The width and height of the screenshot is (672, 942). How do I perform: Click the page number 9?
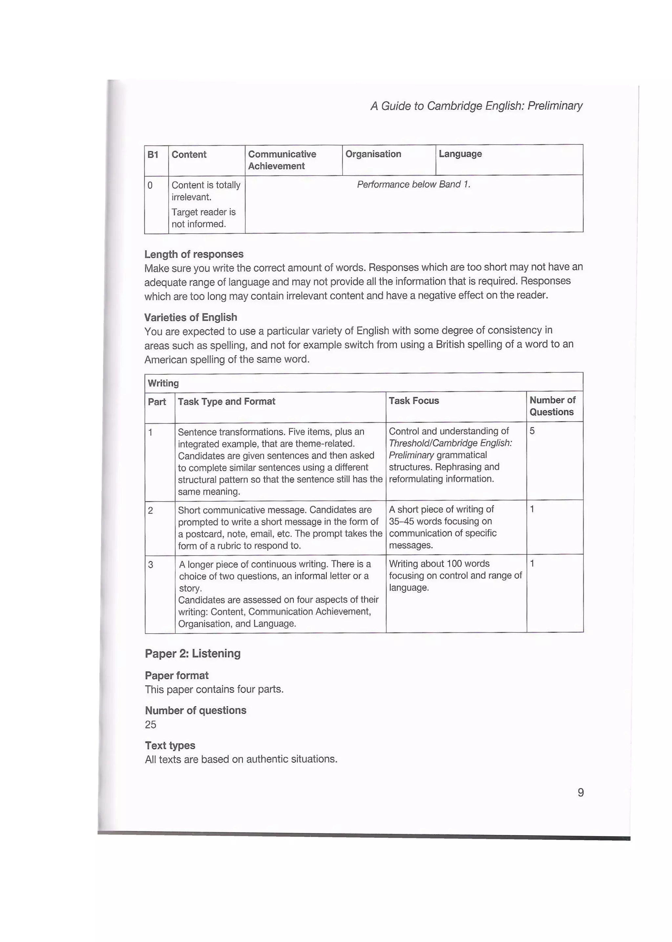click(x=580, y=792)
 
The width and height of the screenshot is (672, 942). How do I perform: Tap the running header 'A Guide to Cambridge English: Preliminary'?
click(x=476, y=106)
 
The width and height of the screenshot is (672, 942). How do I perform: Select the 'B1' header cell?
click(x=153, y=155)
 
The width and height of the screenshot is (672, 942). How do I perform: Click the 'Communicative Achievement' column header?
click(x=282, y=160)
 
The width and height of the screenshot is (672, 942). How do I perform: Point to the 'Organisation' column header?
click(x=373, y=154)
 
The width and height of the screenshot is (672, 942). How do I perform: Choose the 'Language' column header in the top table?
click(x=460, y=154)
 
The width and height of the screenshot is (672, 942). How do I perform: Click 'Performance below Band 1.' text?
click(x=414, y=184)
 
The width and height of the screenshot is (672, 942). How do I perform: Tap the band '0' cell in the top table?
click(x=150, y=185)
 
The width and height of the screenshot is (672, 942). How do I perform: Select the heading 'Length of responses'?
click(x=194, y=254)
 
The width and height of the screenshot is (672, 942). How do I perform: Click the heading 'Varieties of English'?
click(x=191, y=317)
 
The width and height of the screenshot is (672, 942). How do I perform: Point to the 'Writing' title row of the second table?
click(x=163, y=383)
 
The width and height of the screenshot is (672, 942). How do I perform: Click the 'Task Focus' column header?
click(x=414, y=401)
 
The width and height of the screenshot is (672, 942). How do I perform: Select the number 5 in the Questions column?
click(x=532, y=431)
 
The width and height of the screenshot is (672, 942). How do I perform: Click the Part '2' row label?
click(x=151, y=511)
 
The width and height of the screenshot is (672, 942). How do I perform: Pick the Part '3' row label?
click(x=151, y=565)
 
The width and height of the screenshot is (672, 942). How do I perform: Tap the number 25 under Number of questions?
click(x=151, y=724)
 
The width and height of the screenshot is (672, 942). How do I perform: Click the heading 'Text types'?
click(x=170, y=745)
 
